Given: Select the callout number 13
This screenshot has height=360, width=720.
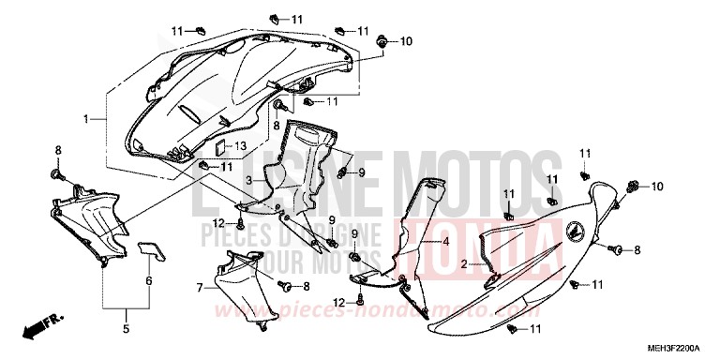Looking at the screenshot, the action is pos(240,146).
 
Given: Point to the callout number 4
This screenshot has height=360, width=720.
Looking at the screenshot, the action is pos(446,241).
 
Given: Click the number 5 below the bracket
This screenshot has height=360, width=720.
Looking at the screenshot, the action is pos(126,329).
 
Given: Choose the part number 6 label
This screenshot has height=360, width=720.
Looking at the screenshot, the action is pos(148,280).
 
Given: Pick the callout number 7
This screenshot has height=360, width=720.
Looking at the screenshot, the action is pos(199,288).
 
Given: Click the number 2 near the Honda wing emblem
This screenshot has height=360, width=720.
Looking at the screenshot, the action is pos(463,264).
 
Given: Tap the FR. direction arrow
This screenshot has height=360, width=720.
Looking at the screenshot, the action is pos(42,328).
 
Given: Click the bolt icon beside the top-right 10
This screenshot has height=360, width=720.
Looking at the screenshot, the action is pos(383,41).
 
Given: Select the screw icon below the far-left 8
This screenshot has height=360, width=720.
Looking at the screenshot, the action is pos(57,174).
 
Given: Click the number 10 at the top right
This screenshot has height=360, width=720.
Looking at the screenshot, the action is pos(407,41).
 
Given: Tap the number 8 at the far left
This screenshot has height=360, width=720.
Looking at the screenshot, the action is pos(57,150).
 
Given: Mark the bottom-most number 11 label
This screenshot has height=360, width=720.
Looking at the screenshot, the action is pos(535,329).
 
